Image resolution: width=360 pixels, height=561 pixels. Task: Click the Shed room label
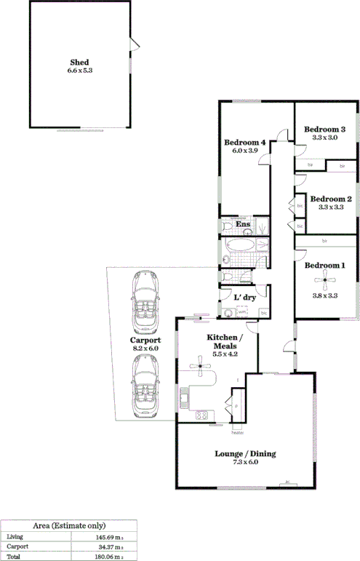point(79,63)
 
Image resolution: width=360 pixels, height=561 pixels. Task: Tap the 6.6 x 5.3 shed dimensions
point(79,71)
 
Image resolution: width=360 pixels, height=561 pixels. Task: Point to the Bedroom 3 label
point(324,129)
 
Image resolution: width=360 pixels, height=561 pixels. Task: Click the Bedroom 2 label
point(331,199)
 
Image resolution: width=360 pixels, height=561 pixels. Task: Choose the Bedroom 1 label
point(324,265)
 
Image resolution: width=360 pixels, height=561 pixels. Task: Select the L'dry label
point(244,297)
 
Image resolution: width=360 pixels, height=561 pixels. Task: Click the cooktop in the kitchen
point(201,415)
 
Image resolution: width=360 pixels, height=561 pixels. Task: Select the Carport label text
point(145,340)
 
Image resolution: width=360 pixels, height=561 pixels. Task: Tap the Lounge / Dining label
point(245,454)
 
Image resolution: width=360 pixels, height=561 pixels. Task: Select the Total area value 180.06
point(112,556)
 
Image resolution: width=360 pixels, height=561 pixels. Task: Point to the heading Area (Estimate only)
point(70,525)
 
